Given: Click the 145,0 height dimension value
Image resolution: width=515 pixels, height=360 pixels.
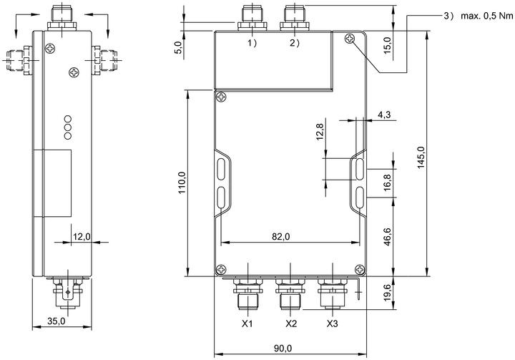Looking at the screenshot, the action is pos(421,157).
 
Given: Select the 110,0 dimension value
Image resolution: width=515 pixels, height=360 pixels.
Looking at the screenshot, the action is pos(182,183).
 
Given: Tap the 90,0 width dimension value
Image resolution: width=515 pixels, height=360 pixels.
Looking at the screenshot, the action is pos(283,348).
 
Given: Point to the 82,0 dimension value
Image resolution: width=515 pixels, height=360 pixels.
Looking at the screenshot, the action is pos(281,236).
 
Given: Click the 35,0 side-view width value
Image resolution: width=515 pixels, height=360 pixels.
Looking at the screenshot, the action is pos(57,321).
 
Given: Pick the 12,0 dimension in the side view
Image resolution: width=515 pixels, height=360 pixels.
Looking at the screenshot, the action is pos(82,236).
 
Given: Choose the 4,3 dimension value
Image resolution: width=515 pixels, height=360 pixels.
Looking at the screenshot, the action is pos(384,115).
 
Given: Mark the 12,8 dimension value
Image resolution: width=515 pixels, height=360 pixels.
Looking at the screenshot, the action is pos(320,131).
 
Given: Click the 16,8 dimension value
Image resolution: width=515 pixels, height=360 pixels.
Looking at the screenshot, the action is pos(388,182).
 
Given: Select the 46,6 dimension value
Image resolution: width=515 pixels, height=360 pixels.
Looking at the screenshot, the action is pos(388,236).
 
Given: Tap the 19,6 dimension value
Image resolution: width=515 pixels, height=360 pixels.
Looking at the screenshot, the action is pos(388,293).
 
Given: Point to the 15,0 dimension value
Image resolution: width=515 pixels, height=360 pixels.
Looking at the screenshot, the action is pos(388,45).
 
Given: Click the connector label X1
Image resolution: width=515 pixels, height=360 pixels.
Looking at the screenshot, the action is pos(247,323).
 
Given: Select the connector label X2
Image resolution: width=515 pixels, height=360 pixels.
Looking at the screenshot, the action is pos(291,323).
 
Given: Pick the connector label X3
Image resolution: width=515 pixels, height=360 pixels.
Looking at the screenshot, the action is pos(332,323).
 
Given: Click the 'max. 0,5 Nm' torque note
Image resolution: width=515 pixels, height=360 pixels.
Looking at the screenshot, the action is pos(487,16).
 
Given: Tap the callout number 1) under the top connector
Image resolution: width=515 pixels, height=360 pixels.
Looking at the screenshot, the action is pos(252,43).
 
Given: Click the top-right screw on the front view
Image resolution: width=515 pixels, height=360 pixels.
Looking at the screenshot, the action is pos(350,39).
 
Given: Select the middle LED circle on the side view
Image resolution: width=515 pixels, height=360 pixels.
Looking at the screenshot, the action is pos(68,127).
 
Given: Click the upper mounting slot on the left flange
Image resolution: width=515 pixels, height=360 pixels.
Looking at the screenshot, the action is pos(221,169).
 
